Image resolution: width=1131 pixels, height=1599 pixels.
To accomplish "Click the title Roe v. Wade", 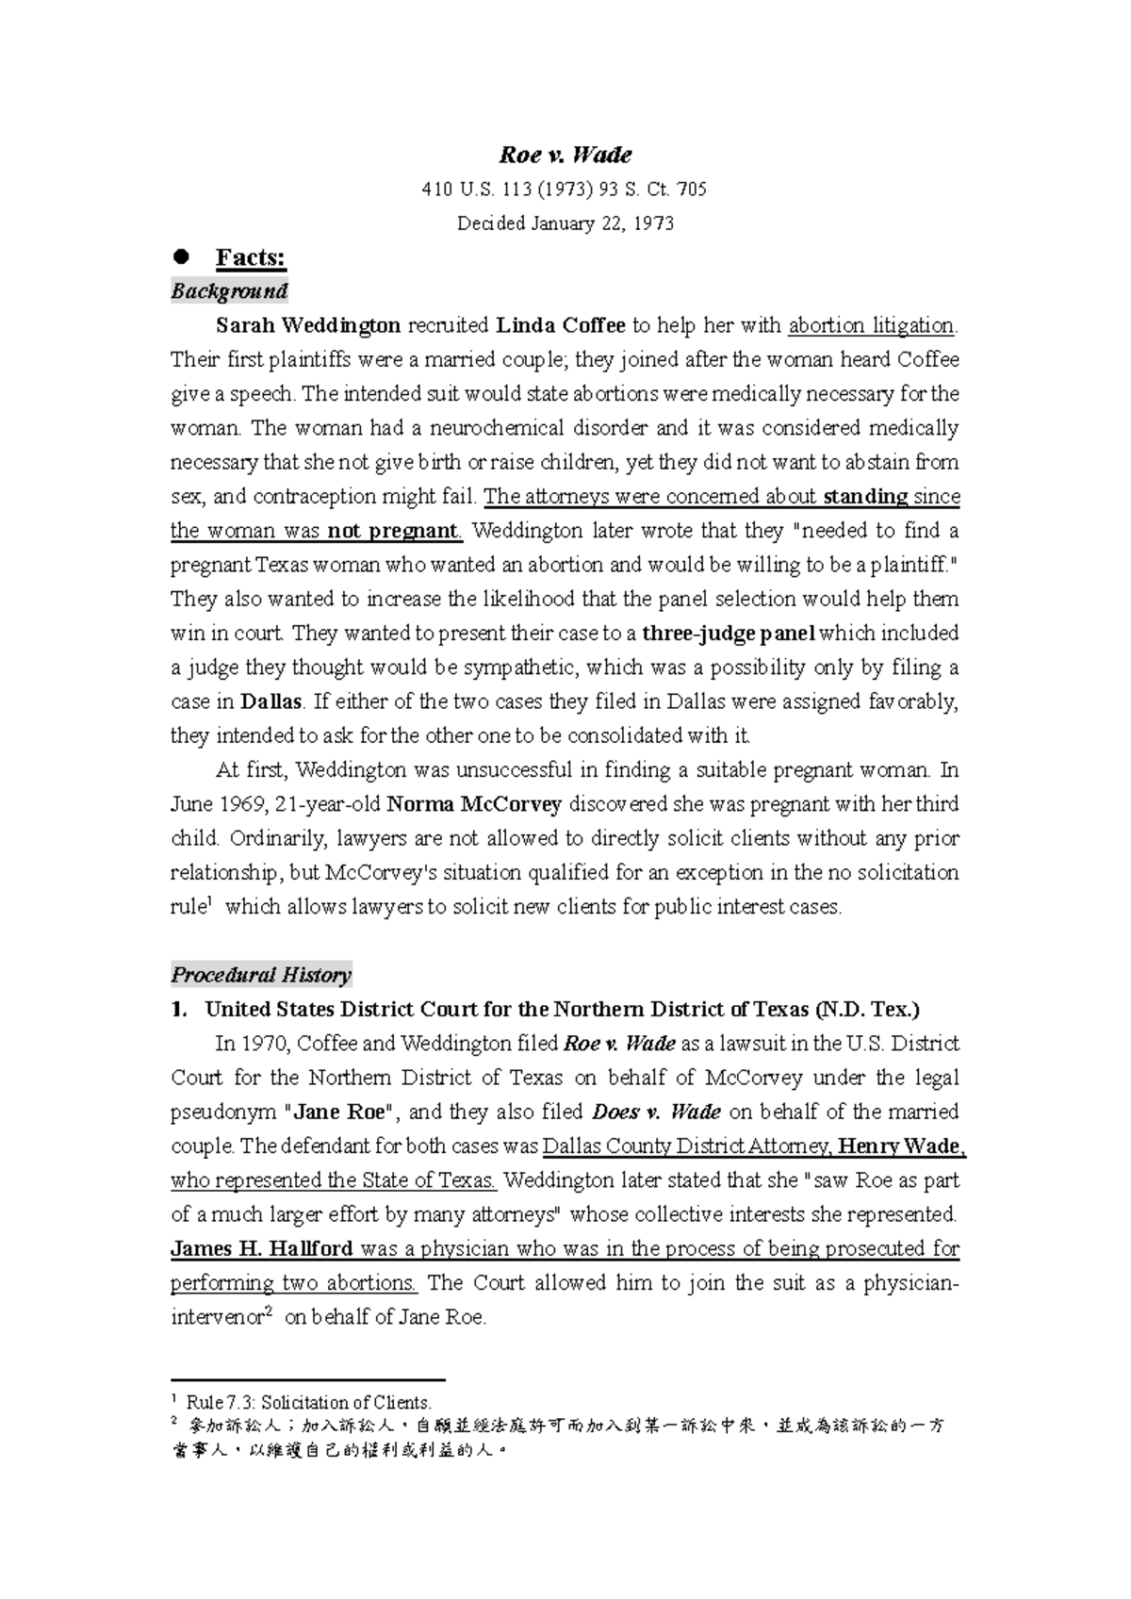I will [565, 155].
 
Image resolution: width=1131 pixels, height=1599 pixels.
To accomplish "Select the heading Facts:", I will [251, 257].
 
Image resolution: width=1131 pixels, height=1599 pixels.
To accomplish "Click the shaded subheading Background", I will [229, 291].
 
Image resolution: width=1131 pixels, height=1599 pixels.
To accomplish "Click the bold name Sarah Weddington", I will [308, 326].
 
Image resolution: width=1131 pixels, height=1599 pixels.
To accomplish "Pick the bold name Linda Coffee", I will [561, 326].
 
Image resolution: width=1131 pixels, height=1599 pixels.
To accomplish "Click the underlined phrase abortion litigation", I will [871, 326].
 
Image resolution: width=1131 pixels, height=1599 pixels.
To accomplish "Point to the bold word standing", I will [864, 497].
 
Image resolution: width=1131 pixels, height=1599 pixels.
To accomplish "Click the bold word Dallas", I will [271, 702].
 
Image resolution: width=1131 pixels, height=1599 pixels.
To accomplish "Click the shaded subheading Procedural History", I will [261, 975].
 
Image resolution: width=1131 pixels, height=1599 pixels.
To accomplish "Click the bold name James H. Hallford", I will [262, 1249].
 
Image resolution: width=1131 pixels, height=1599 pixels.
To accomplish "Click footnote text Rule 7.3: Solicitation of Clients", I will [309, 1403].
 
